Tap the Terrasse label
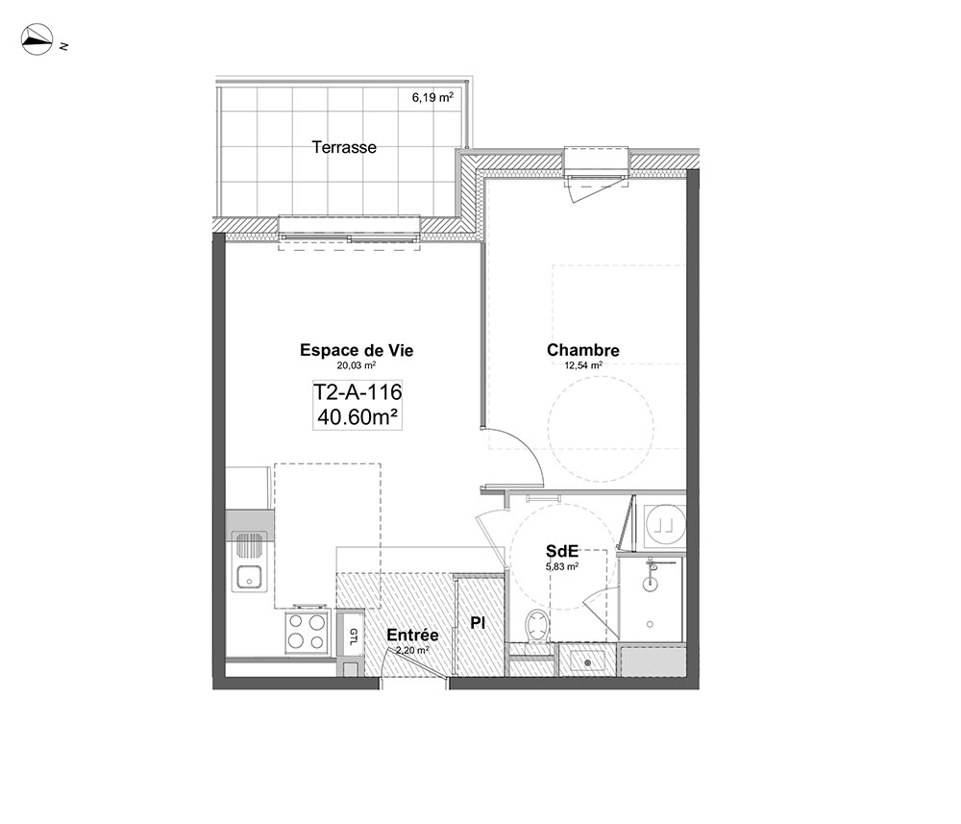(344, 147)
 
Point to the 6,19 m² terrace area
(432, 97)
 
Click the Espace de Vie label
(357, 350)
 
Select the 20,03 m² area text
(357, 365)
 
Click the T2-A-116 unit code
(357, 391)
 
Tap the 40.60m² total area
(357, 417)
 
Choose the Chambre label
(583, 350)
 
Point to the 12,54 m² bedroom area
(583, 365)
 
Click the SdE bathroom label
(562, 551)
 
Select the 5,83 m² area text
(562, 566)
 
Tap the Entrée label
(412, 636)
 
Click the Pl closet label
(478, 623)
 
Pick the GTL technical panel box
(354, 634)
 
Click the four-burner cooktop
(307, 632)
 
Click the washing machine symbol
(666, 524)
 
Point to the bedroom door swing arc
(529, 448)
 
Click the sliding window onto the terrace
(350, 236)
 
